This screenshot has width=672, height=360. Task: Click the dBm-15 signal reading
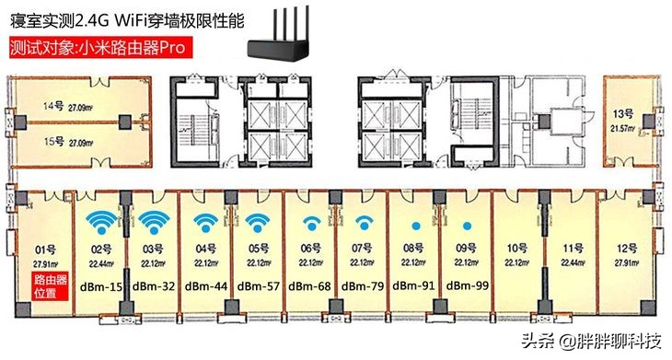pyautogui.click(x=101, y=286)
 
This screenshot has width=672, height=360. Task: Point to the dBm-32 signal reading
pyautogui.click(x=154, y=286)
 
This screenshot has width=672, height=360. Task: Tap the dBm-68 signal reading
pyautogui.click(x=311, y=286)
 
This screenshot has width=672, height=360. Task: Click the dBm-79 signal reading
pyautogui.click(x=364, y=286)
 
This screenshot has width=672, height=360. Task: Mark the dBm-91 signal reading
pyautogui.click(x=416, y=286)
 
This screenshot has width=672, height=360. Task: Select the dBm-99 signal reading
pyautogui.click(x=469, y=286)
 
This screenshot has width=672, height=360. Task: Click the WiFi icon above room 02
pyautogui.click(x=101, y=223)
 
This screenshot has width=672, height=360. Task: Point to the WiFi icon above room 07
pyautogui.click(x=364, y=224)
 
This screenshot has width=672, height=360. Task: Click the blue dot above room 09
pyautogui.click(x=469, y=226)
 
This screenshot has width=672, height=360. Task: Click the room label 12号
pyautogui.click(x=627, y=248)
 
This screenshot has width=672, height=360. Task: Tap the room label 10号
pyautogui.click(x=517, y=248)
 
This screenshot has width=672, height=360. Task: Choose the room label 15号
pyautogui.click(x=52, y=143)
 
